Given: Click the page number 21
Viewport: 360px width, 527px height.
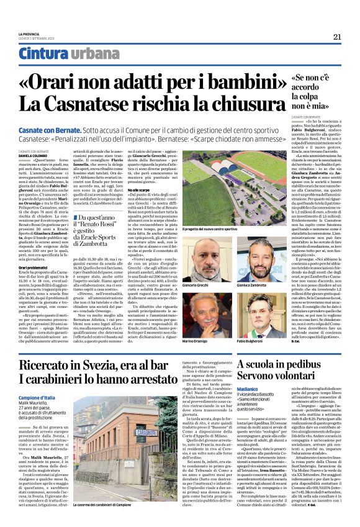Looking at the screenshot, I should coord(337,37).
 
